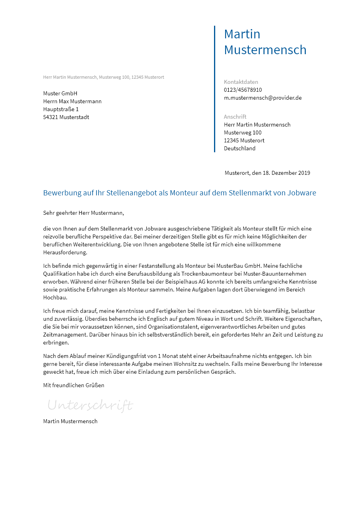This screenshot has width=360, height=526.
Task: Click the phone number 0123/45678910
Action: point(243,90)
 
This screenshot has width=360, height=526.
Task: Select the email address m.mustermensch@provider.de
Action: point(263,98)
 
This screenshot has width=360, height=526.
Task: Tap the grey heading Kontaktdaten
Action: point(241,82)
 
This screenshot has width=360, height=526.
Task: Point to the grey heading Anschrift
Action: point(235,117)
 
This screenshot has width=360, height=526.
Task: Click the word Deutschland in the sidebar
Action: point(240,148)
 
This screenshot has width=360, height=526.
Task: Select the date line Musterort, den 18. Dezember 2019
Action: point(267,173)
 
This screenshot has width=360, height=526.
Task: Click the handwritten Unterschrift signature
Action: point(90,405)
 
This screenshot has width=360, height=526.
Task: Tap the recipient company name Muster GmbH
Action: point(60,93)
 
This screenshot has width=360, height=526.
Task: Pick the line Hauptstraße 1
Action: point(61,109)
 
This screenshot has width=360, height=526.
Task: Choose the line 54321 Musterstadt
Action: point(66,117)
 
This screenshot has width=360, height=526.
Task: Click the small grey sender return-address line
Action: point(104,77)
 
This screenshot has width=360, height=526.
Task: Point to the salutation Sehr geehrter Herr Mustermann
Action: point(83,213)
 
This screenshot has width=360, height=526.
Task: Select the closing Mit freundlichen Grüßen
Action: point(74,385)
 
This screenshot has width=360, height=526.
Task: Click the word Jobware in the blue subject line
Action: point(302,193)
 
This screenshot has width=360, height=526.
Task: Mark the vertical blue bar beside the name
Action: point(214,89)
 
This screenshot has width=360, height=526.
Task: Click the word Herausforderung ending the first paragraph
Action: point(65,252)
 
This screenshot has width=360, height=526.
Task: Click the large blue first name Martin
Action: point(242,34)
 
